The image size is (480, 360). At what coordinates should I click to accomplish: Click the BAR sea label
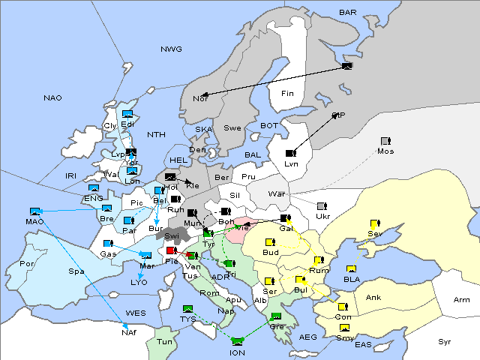click(x=347, y=12)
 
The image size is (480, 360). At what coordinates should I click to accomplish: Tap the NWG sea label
click(x=171, y=49)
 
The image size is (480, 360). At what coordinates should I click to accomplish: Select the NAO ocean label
click(x=52, y=97)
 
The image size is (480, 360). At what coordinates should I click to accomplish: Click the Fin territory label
click(x=286, y=93)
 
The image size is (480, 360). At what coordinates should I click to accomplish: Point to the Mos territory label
click(x=385, y=151)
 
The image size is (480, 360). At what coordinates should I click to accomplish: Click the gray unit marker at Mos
click(x=385, y=141)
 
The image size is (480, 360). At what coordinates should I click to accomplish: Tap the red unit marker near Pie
click(x=172, y=251)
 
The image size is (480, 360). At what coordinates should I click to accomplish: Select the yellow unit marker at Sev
click(x=375, y=223)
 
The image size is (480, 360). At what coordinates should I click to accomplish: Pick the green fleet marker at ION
click(x=238, y=341)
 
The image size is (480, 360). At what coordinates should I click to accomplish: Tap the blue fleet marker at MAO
click(x=34, y=211)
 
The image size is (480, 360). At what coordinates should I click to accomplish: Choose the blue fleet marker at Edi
click(x=127, y=115)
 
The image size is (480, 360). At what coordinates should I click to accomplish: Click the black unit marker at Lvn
click(x=291, y=154)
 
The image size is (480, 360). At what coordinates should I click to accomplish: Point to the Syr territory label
click(x=445, y=341)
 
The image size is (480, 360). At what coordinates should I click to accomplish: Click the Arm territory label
click(x=462, y=300)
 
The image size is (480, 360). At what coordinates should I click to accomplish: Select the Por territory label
click(x=28, y=264)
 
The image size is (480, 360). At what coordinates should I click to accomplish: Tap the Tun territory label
click(x=165, y=341)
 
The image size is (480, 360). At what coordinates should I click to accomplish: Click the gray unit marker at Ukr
click(x=322, y=206)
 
